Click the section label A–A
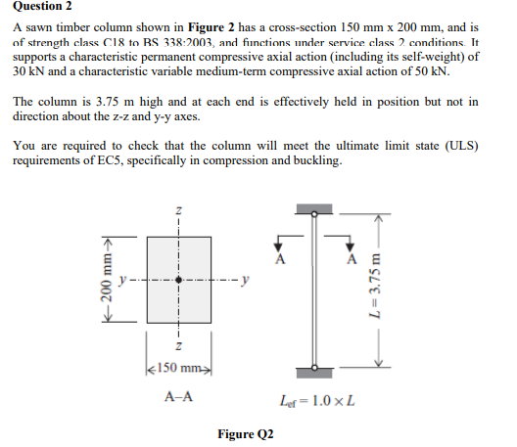pos(178,398)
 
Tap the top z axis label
pos(177,209)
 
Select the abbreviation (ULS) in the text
pos(459,146)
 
